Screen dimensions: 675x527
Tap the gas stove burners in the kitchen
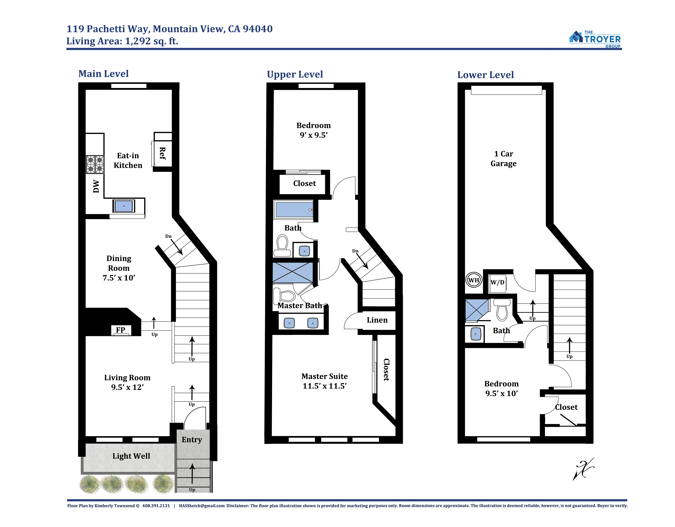(95, 164)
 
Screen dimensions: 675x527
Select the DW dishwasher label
(96, 186)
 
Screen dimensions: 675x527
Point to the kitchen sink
(124, 206)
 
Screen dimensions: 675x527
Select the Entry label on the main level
(192, 440)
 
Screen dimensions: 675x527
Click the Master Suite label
(325, 376)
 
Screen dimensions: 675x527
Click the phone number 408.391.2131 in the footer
(156, 506)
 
